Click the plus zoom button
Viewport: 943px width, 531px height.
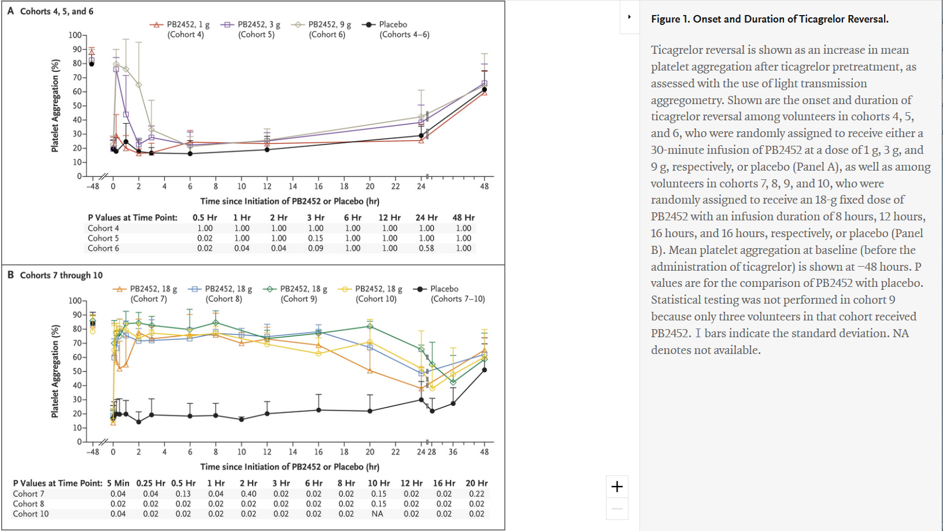[617, 487]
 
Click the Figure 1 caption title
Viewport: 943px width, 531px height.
[770, 19]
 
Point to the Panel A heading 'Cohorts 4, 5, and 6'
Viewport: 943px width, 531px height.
[56, 11]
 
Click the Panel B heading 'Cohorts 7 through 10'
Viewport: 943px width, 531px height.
[61, 275]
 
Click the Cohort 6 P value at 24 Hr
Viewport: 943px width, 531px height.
[426, 248]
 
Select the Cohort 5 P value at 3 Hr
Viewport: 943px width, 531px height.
[316, 238]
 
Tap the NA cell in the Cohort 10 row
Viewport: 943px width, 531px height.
[378, 514]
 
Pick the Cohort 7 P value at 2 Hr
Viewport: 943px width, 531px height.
[249, 494]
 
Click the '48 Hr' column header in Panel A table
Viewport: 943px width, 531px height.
[464, 218]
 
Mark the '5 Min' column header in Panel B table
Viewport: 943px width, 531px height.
[118, 483]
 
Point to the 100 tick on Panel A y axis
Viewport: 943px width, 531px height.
[75, 35]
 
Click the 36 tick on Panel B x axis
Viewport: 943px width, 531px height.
[453, 452]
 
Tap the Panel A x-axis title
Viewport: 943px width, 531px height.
[290, 201]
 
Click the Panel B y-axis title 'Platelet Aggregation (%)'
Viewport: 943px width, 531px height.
[55, 371]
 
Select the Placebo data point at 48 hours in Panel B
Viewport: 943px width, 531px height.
[485, 370]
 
